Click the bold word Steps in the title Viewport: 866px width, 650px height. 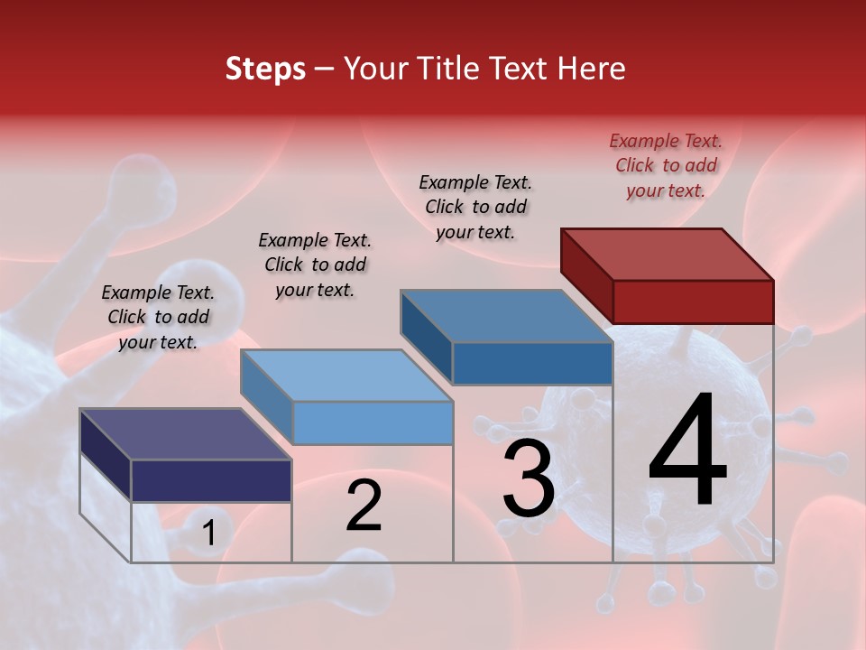[x=265, y=69]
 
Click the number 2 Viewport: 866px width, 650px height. [x=364, y=506]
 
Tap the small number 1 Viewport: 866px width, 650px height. [x=208, y=534]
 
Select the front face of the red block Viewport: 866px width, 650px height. [x=693, y=302]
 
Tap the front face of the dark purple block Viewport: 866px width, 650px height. [x=211, y=480]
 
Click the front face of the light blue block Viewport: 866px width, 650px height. [x=372, y=422]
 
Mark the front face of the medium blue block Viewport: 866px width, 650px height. [x=532, y=364]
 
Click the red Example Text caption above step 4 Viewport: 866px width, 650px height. [x=666, y=165]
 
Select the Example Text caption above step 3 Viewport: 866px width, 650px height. [x=475, y=207]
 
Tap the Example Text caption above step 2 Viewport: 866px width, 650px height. [x=315, y=265]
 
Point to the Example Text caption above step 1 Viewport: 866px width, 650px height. [x=158, y=317]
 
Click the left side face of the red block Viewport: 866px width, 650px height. [x=586, y=274]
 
